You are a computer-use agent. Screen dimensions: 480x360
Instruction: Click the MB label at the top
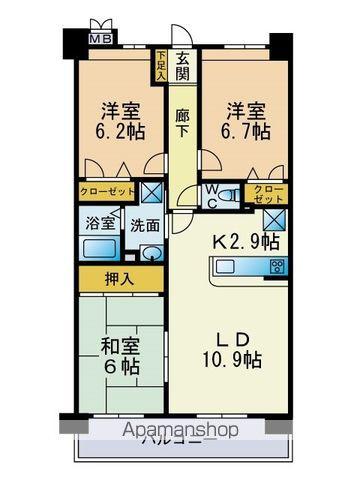(102, 40)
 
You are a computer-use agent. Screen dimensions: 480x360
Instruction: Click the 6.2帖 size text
(117, 131)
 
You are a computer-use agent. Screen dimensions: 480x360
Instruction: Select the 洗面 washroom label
(145, 224)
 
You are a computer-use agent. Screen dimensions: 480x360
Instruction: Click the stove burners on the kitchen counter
(275, 267)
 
